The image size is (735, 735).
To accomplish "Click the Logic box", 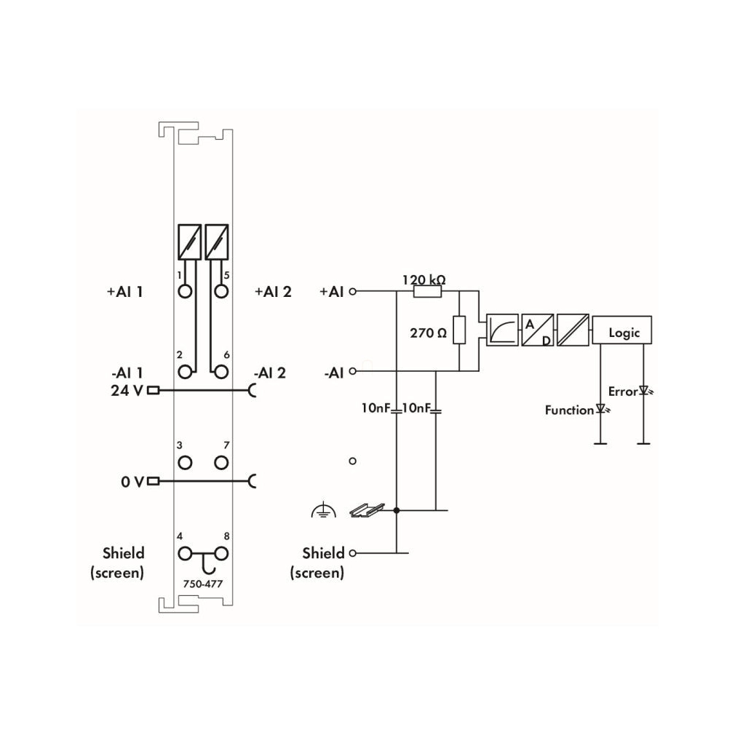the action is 621,330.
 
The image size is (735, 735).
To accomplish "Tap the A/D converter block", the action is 537,330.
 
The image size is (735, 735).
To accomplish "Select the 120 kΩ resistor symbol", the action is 427,292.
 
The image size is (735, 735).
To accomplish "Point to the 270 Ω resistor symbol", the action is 459,330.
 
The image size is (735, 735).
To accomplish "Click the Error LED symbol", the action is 645,391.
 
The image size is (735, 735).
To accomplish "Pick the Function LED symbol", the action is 602,410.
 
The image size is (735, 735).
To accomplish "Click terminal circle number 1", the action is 185,292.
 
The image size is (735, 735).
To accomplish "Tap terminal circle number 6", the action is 221,372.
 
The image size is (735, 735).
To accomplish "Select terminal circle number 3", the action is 185,463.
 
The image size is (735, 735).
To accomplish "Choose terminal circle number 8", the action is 221,554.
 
